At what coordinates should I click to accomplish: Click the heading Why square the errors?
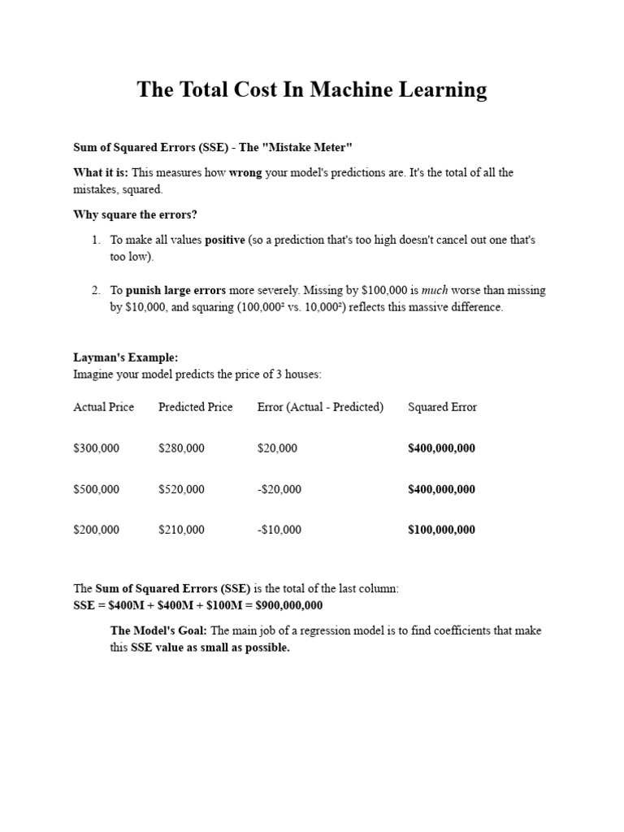pyautogui.click(x=135, y=214)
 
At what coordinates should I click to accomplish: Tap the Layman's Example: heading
pyautogui.click(x=125, y=357)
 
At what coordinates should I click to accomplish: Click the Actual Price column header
pyautogui.click(x=104, y=407)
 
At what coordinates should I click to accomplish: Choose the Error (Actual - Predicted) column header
pyautogui.click(x=320, y=407)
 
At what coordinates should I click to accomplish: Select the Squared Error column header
pyautogui.click(x=442, y=407)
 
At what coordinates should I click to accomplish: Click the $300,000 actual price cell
pyautogui.click(x=96, y=448)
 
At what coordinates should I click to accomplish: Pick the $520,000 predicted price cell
pyautogui.click(x=181, y=489)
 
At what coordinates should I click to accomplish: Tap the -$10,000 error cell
pyautogui.click(x=279, y=530)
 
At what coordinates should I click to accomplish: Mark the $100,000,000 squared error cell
pyautogui.click(x=441, y=530)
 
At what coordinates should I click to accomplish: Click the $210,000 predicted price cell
pyautogui.click(x=181, y=530)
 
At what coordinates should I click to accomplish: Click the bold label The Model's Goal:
pyautogui.click(x=158, y=630)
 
